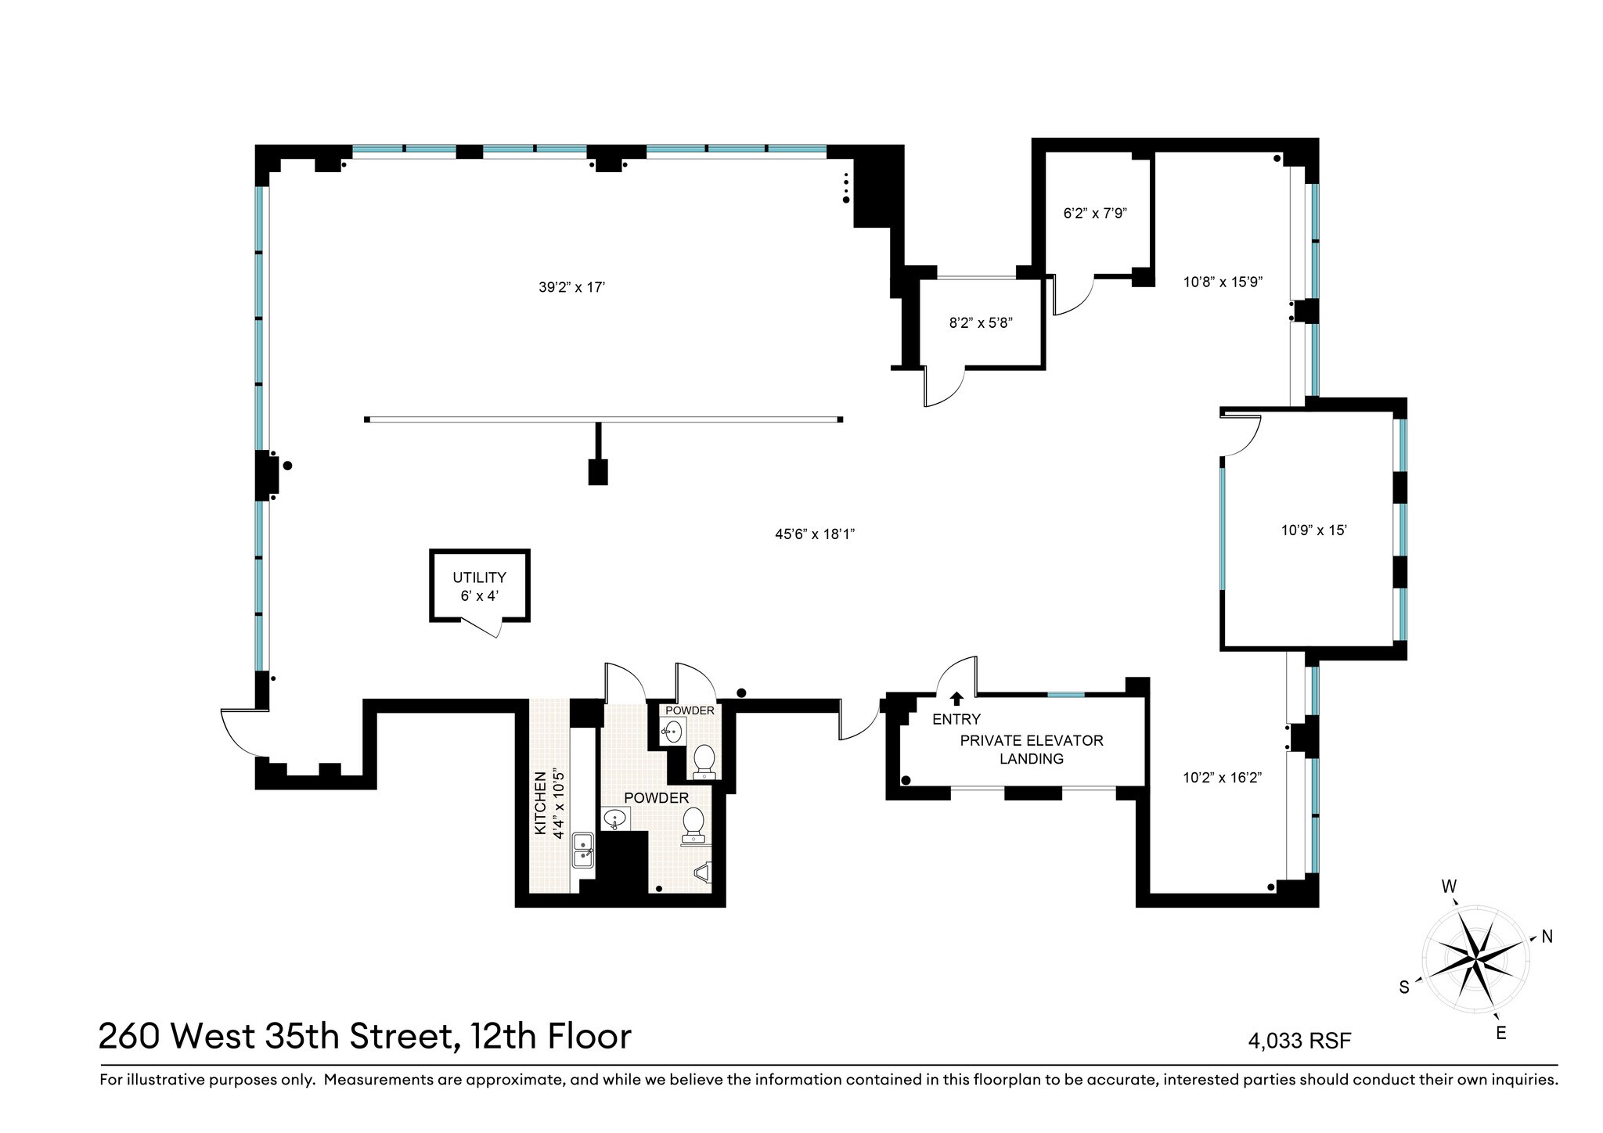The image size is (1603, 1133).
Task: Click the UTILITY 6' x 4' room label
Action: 479,586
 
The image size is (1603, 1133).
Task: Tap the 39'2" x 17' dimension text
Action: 572,287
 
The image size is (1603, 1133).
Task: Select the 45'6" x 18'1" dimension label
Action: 815,534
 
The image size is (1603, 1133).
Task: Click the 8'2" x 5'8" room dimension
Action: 981,322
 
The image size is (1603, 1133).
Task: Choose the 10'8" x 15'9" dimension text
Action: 1223,282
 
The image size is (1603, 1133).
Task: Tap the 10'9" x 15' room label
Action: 1313,530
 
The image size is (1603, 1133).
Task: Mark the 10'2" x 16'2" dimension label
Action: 1223,778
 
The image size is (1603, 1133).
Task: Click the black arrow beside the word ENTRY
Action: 956,699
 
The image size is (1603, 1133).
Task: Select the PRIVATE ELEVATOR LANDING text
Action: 1032,749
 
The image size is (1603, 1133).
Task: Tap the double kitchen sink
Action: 584,850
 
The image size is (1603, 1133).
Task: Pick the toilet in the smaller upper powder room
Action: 704,759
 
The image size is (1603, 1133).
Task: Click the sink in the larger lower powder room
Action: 615,819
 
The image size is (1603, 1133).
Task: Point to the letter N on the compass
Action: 1547,936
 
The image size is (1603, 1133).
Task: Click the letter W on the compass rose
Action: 1449,887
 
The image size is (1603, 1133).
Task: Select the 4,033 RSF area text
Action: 1300,1041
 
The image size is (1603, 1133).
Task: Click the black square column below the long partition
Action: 597,473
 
